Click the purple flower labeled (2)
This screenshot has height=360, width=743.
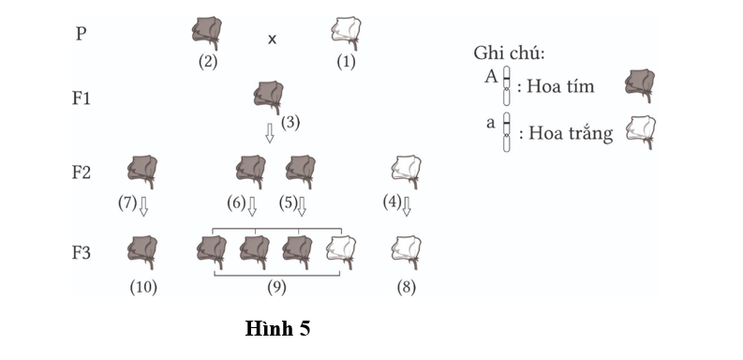point(207,34)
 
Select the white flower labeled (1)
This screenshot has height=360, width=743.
point(347,33)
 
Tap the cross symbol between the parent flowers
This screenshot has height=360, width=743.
point(273,39)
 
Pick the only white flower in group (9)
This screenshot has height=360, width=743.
point(340,250)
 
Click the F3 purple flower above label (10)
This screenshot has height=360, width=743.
point(142,251)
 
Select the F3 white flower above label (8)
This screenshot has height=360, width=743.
point(406,251)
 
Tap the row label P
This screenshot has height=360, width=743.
point(82,33)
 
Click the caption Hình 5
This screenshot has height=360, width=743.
point(277,328)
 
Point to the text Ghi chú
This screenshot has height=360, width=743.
point(510,52)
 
